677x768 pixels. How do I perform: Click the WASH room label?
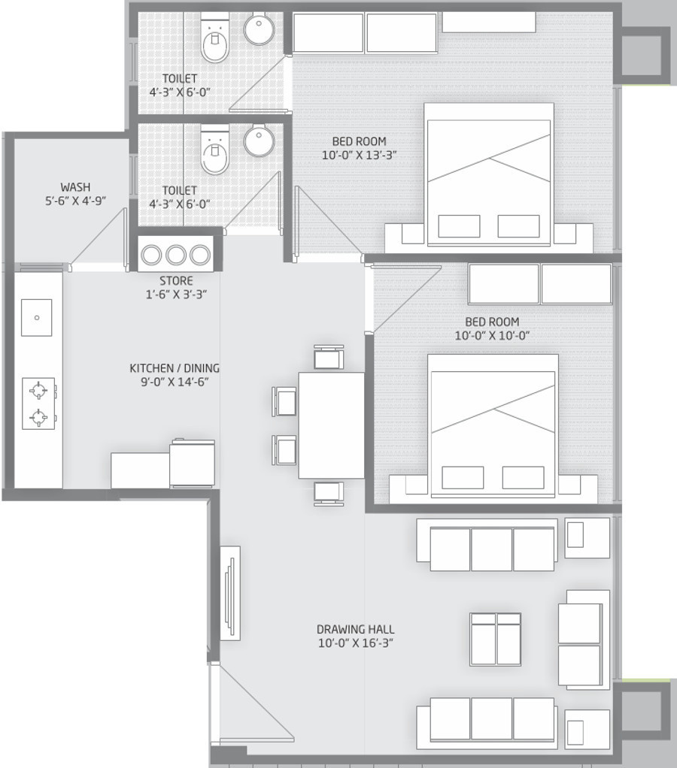click(75, 187)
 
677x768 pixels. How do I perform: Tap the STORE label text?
click(176, 280)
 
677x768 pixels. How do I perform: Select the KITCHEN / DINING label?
click(175, 367)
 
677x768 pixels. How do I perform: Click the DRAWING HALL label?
click(355, 630)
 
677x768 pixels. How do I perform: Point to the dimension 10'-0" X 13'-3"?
click(360, 156)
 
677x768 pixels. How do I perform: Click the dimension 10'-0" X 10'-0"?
click(492, 335)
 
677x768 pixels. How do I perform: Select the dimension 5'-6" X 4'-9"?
click(76, 201)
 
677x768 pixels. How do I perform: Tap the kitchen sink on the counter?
click(37, 317)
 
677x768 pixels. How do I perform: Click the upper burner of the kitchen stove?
click(38, 390)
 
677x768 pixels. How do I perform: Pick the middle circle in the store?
click(175, 255)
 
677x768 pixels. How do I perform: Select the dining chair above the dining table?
click(329, 357)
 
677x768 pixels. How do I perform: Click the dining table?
click(332, 425)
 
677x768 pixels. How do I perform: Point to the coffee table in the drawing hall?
click(495, 639)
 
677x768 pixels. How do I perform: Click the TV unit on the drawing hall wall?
click(230, 593)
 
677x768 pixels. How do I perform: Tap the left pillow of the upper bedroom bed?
click(459, 225)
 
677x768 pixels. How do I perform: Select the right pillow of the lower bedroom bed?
click(523, 477)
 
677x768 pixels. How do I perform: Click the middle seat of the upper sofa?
click(492, 549)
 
